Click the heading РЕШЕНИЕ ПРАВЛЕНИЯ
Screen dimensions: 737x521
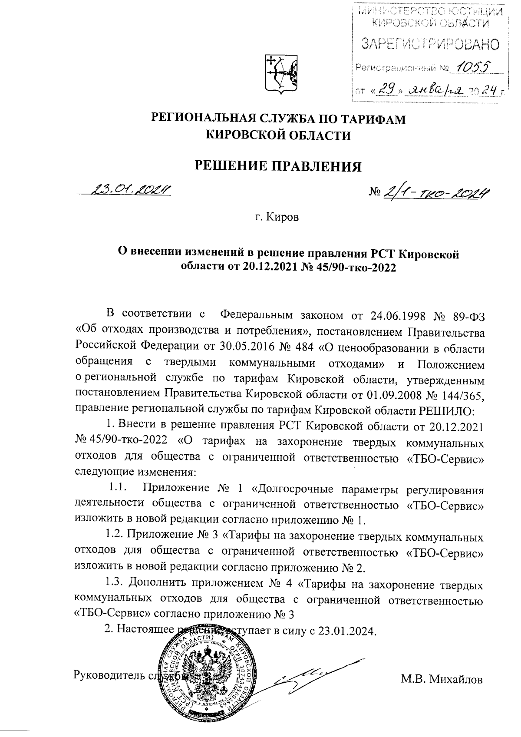click(277, 166)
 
